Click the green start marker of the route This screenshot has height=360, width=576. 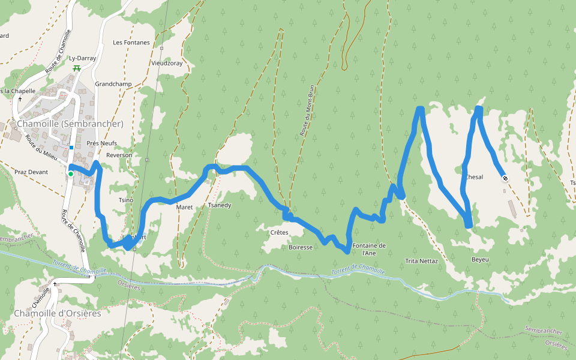coord(70,174)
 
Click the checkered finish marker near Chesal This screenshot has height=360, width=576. coord(505,178)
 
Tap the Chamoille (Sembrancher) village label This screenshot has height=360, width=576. coord(70,124)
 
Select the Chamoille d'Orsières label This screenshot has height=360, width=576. coord(58,313)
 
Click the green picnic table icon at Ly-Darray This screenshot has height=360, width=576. coord(76,68)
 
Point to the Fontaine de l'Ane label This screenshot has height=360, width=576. coord(368,249)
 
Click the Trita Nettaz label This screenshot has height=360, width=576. coord(421,261)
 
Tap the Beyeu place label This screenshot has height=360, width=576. coord(480,259)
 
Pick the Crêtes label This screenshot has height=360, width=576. coord(279,232)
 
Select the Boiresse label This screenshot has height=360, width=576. coord(301,247)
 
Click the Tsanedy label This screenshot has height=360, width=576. coord(219,205)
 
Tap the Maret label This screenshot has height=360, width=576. coord(184,207)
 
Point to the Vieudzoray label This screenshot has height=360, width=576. coord(167,62)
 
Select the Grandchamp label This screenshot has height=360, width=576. coord(113,84)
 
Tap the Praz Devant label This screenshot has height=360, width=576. coord(31,172)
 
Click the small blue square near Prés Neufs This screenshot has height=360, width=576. coord(71,148)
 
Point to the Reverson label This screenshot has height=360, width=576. coord(119,155)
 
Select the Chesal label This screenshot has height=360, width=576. coord(474,177)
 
